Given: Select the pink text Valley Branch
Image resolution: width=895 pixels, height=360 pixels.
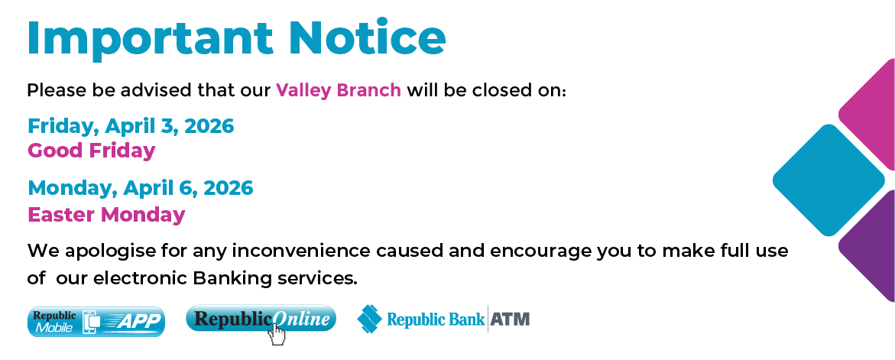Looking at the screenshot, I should tap(339, 90).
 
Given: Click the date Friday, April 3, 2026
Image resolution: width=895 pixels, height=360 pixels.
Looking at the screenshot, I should tap(131, 125).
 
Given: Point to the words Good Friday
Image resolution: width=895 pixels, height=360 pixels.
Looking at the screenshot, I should tap(92, 151).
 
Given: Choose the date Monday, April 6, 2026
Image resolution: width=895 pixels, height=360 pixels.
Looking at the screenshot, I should tap(140, 187).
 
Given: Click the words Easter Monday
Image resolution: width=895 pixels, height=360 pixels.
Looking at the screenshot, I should tap(106, 215).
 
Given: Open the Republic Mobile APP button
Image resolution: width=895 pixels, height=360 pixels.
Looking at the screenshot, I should tap(96, 322).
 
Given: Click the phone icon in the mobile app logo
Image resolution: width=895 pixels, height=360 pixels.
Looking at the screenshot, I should tap(91, 323).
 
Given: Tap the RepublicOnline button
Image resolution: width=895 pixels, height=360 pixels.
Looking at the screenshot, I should tap(261, 319).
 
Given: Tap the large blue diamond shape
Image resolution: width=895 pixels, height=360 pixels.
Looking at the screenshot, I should tap(829, 180).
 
